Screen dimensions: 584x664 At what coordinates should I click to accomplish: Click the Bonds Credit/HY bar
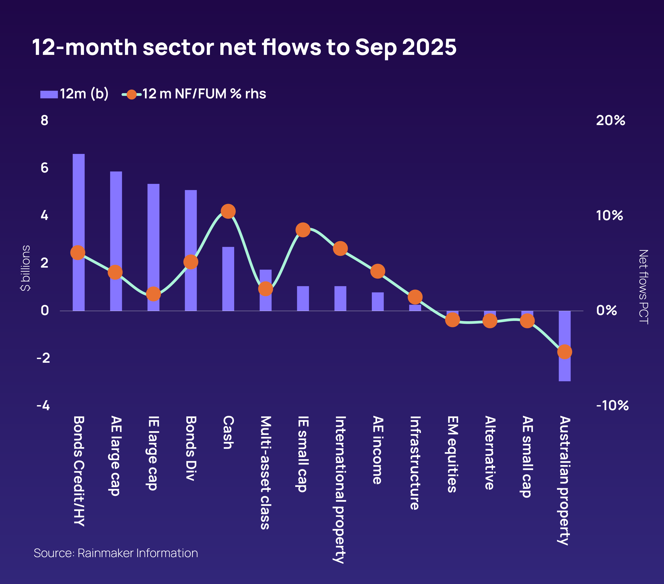tap(79, 201)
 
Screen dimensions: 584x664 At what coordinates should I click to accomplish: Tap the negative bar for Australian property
tap(565, 367)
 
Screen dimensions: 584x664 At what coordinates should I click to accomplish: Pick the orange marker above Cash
tap(228, 211)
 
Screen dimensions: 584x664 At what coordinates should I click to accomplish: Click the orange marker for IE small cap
tap(303, 230)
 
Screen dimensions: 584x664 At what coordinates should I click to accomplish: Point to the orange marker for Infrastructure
tap(415, 297)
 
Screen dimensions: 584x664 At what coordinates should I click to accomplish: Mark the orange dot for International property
tap(340, 249)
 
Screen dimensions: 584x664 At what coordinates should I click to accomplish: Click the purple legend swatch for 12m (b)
tap(49, 94)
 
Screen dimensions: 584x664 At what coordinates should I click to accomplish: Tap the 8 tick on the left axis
tap(44, 120)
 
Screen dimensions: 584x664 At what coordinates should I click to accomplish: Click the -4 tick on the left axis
tap(43, 405)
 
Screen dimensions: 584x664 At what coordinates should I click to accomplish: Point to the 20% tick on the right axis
tap(610, 120)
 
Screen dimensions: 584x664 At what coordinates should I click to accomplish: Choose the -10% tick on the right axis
tap(612, 405)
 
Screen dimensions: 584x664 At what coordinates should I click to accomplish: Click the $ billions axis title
tap(25, 268)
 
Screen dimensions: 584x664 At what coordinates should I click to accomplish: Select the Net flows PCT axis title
tap(643, 287)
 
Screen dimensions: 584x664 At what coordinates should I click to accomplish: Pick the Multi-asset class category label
tap(265, 472)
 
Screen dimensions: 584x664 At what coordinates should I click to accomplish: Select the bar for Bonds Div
tap(191, 227)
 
